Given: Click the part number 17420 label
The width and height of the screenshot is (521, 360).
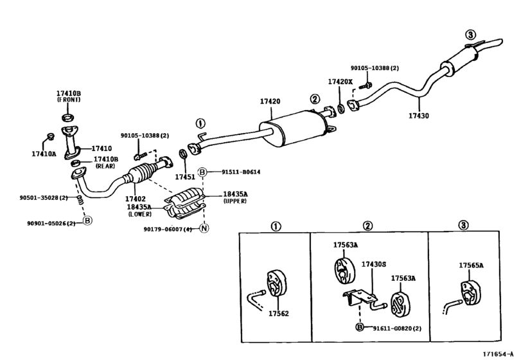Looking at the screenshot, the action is tap(270, 102).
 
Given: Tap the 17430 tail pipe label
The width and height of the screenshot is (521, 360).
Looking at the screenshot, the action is tap(419, 116).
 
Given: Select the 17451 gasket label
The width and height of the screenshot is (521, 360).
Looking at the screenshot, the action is tap(185, 177).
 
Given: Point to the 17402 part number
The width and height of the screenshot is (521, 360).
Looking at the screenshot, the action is tap(136, 199).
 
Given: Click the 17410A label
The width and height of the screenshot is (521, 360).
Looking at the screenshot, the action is tap(44, 154).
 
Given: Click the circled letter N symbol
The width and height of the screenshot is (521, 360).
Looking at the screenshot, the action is tap(204, 228).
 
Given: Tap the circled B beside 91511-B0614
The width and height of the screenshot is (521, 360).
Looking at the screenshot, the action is tap(202, 172).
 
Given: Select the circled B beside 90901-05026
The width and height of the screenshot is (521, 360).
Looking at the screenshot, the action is tap(87, 221).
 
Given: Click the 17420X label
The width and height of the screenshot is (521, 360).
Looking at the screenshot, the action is tap(340, 82).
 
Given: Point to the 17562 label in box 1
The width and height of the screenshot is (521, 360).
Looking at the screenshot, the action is tap(278, 314).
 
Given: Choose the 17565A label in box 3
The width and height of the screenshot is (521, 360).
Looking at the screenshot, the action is tap(471, 265).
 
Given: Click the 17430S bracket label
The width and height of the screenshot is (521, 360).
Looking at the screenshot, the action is tap(374, 264).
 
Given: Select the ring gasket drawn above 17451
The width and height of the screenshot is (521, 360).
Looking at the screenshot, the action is tap(182, 154).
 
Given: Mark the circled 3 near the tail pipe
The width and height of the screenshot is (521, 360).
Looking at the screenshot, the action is tap(470, 35).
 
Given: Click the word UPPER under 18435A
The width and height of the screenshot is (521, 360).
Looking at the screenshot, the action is tap(235, 201).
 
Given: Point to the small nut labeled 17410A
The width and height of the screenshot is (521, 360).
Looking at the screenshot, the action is tap(50, 136).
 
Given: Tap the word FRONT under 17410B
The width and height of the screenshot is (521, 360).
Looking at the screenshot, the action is tap(69, 100).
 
